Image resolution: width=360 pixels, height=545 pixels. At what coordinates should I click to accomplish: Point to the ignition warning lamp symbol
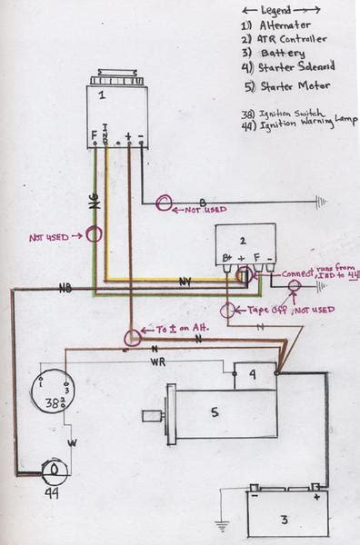pyautogui.click(x=55, y=470)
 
